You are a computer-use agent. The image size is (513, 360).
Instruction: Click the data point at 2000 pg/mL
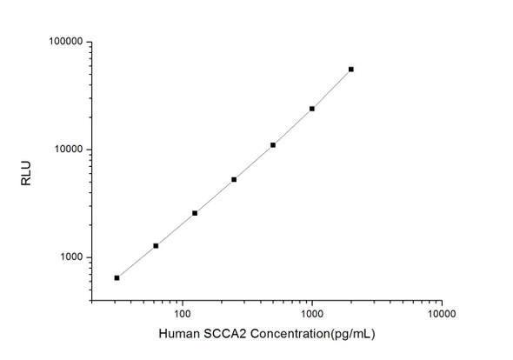[x=351, y=69]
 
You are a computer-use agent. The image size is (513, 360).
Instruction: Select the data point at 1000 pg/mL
[x=312, y=109]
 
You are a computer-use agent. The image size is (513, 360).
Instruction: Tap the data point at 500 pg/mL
[x=273, y=144]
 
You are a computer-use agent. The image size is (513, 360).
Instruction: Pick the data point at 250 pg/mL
[x=234, y=179]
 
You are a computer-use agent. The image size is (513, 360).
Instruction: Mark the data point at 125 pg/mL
[x=195, y=213]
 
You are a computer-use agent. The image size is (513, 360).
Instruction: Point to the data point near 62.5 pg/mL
[x=156, y=245]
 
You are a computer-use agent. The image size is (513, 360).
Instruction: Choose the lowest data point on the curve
[x=117, y=277]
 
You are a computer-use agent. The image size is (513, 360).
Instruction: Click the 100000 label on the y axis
[x=63, y=42]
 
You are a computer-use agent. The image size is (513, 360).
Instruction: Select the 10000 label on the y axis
[x=66, y=150]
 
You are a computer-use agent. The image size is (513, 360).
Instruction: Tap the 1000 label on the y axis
[x=70, y=257]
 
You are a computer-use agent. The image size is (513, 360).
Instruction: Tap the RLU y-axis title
[x=25, y=170]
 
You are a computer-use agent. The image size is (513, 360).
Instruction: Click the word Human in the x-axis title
[x=177, y=335]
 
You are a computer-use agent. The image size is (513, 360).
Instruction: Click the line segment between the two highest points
[x=332, y=89]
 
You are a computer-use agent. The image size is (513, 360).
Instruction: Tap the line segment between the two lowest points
[x=137, y=261]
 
